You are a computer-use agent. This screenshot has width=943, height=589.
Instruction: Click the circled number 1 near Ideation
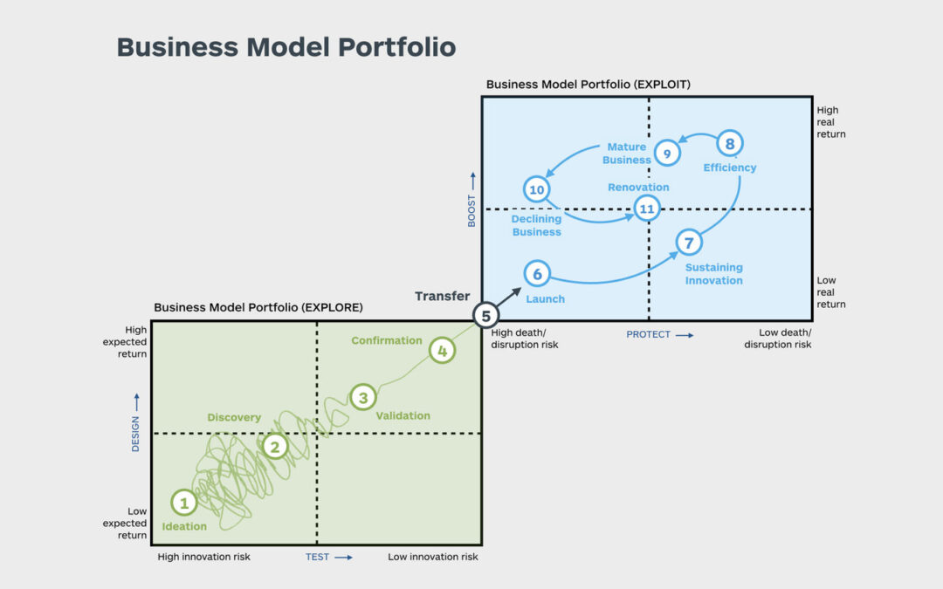[x=183, y=503]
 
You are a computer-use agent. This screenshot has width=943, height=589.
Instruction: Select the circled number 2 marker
[x=275, y=446]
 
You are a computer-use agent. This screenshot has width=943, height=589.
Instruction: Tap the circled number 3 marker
[x=362, y=397]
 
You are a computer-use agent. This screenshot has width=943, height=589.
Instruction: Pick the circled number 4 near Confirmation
[x=443, y=351]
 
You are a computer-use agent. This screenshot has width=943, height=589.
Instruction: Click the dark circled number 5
[x=486, y=316]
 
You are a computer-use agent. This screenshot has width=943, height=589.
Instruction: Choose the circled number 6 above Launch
[x=537, y=274]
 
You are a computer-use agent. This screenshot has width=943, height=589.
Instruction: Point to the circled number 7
[x=688, y=243]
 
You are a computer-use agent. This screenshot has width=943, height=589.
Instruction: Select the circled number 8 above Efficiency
[x=730, y=143]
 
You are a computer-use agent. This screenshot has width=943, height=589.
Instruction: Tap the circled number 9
[x=667, y=154]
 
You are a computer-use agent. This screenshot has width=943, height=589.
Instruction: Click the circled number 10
[x=536, y=188]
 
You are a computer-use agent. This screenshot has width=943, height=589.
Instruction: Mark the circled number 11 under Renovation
[x=646, y=208]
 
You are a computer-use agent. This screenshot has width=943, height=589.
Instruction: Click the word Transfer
[x=442, y=297]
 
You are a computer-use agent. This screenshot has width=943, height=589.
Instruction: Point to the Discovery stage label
[x=234, y=417]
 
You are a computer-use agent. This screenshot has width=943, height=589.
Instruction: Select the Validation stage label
[x=403, y=415]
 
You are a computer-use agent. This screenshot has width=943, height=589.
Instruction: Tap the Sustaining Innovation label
[x=713, y=274]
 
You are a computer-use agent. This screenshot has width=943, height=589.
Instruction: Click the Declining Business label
[x=536, y=225]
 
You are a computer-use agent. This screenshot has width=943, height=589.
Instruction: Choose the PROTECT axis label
[x=649, y=334]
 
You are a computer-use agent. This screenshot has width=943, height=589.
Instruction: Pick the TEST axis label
[x=317, y=557]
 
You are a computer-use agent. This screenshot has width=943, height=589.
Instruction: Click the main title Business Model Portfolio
[x=286, y=46]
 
